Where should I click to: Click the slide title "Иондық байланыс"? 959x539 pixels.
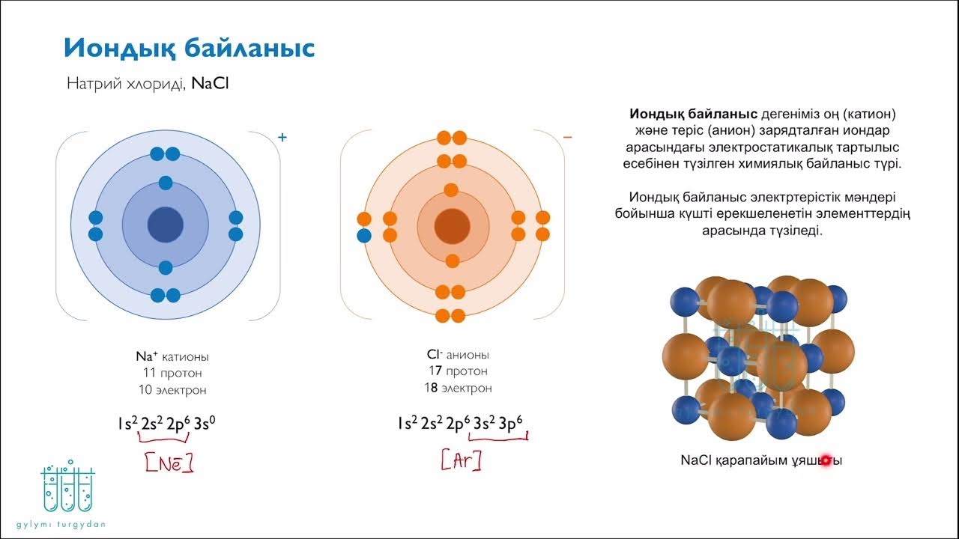189,49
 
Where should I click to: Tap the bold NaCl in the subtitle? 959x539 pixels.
210,83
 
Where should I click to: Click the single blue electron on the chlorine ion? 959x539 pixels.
364,236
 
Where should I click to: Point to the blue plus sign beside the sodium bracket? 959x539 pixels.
282,137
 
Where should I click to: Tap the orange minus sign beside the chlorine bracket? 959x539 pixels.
567,137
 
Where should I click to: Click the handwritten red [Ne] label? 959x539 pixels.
169,464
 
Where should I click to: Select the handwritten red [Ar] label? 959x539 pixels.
461,461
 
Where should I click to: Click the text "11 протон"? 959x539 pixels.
172,373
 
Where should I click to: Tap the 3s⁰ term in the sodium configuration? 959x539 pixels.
205,423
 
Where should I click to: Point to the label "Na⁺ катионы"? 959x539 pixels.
172,356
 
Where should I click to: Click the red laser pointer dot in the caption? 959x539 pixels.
826,460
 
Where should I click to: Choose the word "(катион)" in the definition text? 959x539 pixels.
870,115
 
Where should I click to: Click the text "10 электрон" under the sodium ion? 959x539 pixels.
172,389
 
